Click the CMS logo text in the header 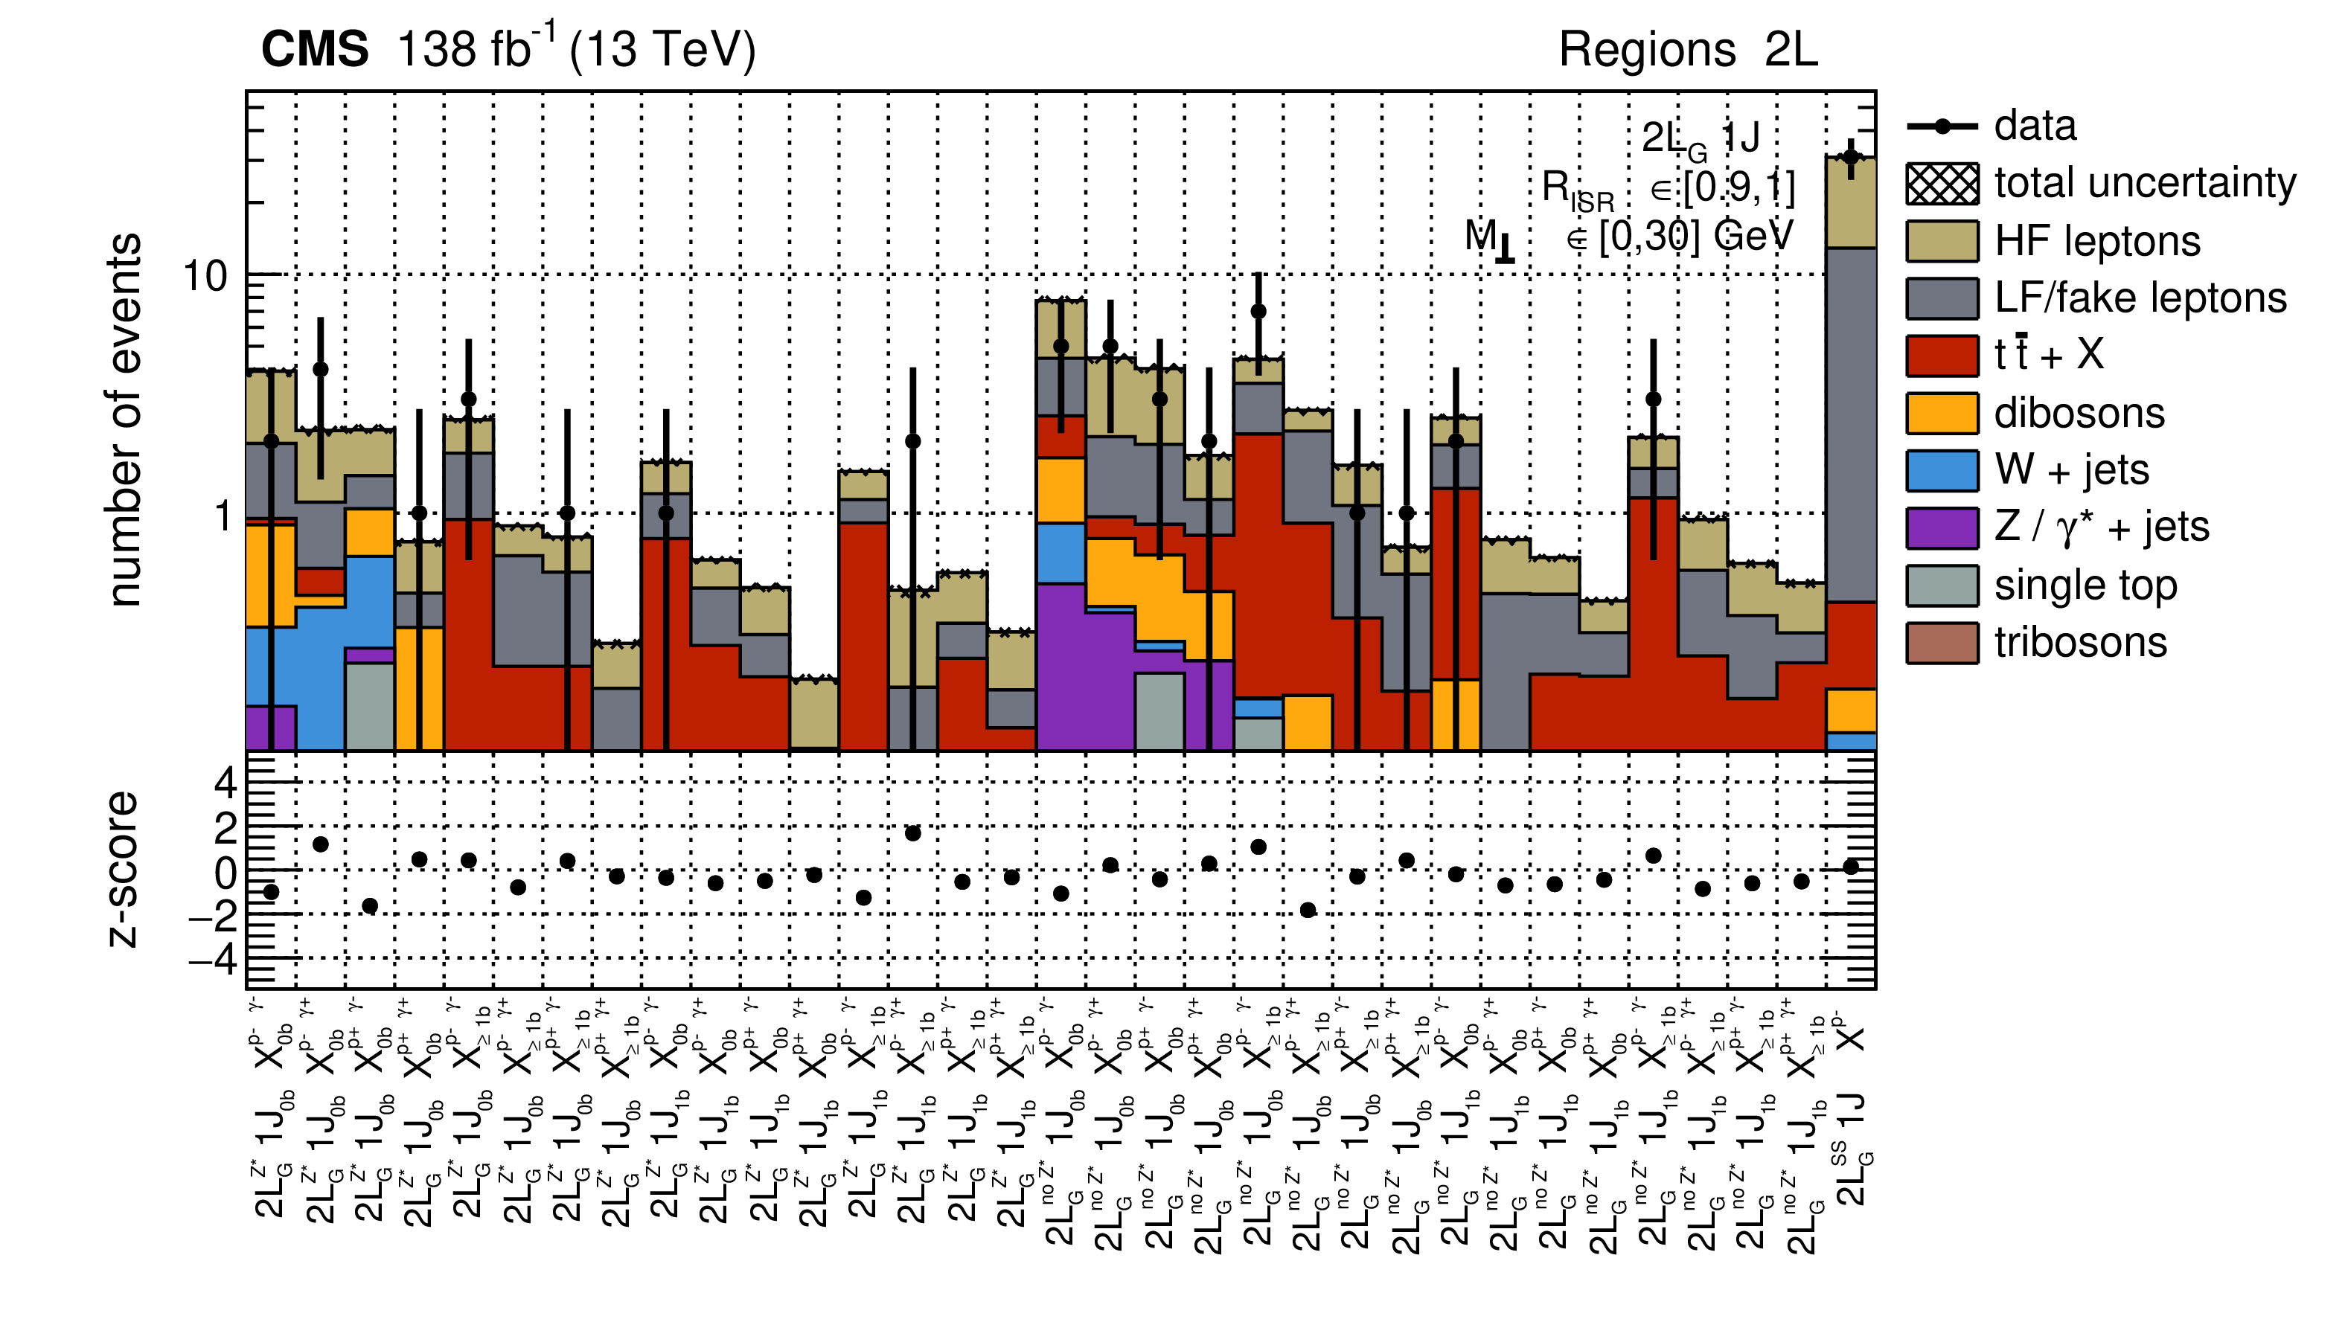point(314,49)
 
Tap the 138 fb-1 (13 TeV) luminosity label point(576,49)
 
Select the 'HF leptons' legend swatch point(1942,241)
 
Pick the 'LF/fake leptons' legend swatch point(1942,298)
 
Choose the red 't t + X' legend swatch point(1942,356)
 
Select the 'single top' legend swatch point(1942,585)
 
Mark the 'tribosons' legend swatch point(1942,643)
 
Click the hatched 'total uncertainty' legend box point(1942,184)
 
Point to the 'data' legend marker point(1942,126)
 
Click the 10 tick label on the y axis point(205,276)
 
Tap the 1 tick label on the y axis point(222,516)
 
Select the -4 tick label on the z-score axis point(213,958)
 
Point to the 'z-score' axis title point(122,870)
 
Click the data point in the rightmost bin point(1850,156)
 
